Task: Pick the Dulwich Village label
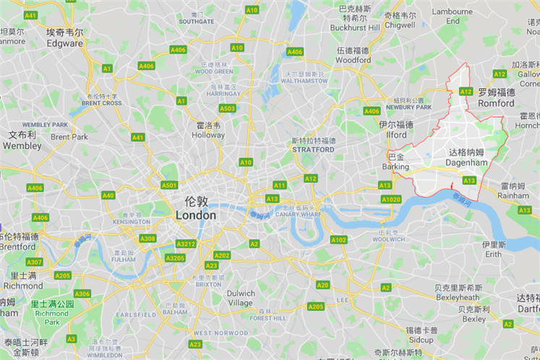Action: click(x=240, y=299)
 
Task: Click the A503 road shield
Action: click(x=227, y=108)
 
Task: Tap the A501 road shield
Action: click(x=169, y=186)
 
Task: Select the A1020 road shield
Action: click(x=390, y=200)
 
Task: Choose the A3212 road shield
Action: click(x=186, y=244)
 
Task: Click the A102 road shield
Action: click(x=338, y=240)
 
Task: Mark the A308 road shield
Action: click(x=147, y=239)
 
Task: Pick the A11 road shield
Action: click(x=279, y=186)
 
